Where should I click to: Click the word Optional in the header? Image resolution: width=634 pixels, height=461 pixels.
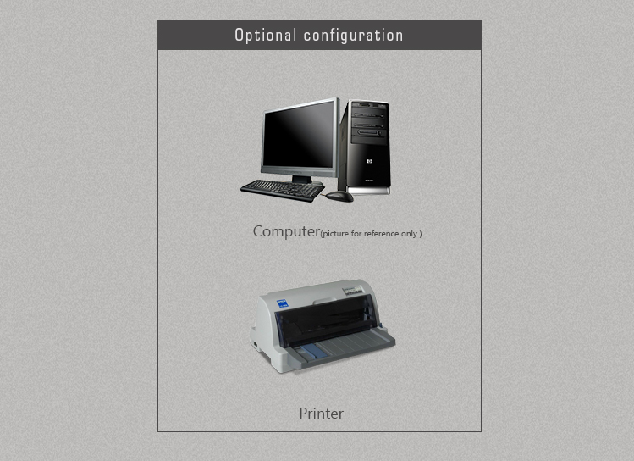[x=266, y=36]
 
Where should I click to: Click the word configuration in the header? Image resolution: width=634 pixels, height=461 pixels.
[x=353, y=36]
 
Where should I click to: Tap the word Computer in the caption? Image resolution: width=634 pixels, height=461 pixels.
[x=286, y=231]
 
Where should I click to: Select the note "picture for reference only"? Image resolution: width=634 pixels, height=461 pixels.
[x=371, y=234]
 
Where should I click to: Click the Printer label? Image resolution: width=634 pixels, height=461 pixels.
[x=322, y=414]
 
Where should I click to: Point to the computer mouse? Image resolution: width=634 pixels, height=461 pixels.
[x=339, y=197]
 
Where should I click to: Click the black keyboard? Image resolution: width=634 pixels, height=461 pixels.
[x=282, y=190]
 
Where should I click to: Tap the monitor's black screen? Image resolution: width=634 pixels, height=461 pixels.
[x=300, y=136]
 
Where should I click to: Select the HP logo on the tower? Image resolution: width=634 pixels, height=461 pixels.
[x=369, y=162]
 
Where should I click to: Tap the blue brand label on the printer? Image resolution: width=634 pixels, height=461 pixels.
[x=282, y=303]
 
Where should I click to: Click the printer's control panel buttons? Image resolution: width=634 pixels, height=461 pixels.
[x=353, y=290]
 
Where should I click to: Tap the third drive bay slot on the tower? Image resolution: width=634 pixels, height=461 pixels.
[x=367, y=133]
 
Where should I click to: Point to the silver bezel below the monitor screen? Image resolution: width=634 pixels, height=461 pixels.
[x=299, y=172]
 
